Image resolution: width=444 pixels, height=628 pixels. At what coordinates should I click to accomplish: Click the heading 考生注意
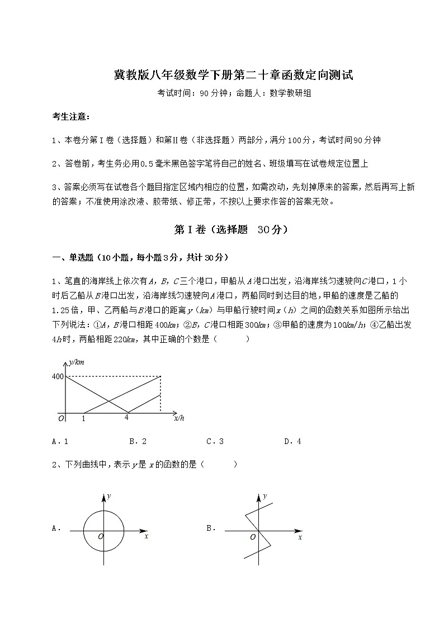[70, 117]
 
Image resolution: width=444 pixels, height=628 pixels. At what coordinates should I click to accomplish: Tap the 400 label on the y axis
[58, 377]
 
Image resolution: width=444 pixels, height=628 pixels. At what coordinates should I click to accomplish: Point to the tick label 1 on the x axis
[83, 418]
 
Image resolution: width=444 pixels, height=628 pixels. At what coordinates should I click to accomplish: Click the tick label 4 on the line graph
[127, 417]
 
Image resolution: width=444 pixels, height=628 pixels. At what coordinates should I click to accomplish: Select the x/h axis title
[179, 417]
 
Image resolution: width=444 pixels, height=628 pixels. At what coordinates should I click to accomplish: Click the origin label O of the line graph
[61, 418]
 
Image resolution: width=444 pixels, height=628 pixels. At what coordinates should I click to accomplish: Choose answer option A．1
[60, 441]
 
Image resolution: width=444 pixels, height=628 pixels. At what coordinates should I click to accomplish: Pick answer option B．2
[138, 441]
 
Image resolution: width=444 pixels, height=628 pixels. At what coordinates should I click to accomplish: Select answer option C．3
[215, 441]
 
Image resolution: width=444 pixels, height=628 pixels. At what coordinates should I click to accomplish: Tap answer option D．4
[292, 441]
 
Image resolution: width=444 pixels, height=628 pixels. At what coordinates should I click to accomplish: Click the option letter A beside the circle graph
[55, 527]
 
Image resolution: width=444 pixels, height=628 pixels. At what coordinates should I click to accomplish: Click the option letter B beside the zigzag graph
[211, 527]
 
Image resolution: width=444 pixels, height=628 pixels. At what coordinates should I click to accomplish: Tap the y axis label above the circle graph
[110, 496]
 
